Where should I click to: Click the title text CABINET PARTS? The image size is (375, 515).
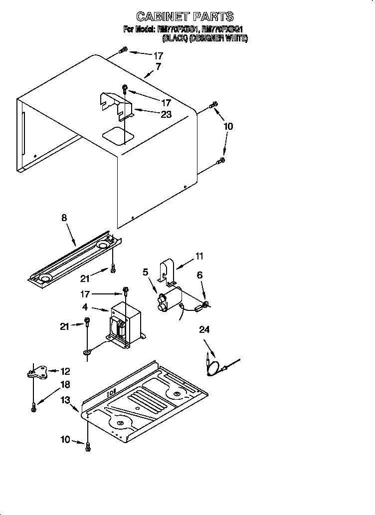point(185,17)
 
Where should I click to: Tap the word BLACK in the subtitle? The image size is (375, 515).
point(175,38)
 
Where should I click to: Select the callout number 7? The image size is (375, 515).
point(158,66)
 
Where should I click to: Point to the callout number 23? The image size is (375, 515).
point(166,114)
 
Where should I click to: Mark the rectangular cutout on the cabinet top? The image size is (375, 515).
point(117,133)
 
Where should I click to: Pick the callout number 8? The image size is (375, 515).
point(64,218)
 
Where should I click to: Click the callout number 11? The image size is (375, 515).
point(199,257)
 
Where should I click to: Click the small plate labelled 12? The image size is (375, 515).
point(40,372)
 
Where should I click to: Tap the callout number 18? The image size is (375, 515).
point(65,385)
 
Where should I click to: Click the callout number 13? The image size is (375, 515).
point(66,400)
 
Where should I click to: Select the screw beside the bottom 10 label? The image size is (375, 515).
point(88,448)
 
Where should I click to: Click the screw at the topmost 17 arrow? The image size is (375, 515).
point(124,50)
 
